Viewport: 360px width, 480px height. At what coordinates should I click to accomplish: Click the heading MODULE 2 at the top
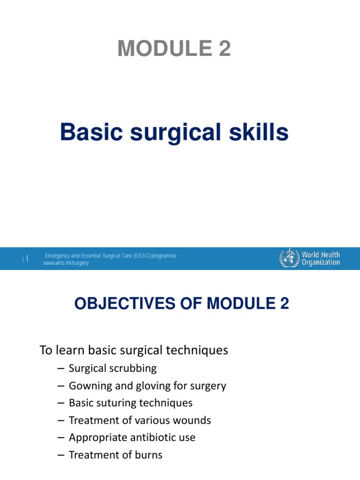coord(174,49)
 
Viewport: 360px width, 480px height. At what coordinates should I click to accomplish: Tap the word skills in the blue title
coord(261,133)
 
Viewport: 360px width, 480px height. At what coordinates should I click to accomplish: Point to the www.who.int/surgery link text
coord(66,263)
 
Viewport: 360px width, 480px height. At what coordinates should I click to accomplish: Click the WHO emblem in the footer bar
coord(289,258)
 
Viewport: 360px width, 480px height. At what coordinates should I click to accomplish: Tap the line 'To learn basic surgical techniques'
coord(134,350)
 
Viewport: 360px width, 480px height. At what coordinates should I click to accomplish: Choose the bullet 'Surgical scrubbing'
coord(112,368)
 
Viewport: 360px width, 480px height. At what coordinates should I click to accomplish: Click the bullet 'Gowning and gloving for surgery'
coord(147,386)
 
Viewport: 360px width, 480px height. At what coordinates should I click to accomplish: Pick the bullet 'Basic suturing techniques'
coord(130,403)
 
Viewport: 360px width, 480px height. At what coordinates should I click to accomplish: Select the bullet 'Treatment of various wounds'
coord(140,420)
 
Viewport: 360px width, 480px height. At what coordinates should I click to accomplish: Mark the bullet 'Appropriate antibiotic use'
coord(132,438)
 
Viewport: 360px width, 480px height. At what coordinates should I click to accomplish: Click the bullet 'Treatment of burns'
coord(115,455)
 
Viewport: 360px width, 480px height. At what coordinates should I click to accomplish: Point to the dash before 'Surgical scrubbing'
coord(61,369)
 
